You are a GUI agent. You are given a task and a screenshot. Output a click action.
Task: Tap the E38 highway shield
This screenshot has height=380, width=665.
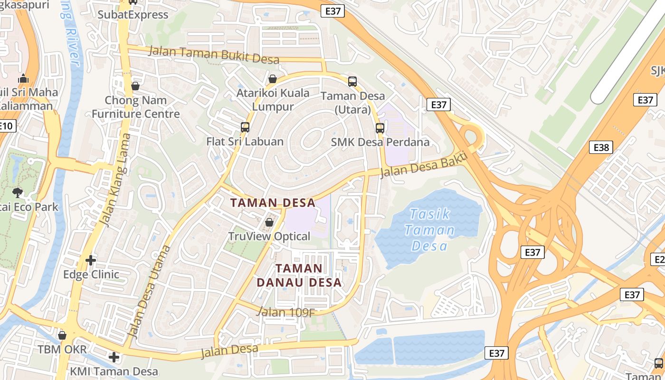601,147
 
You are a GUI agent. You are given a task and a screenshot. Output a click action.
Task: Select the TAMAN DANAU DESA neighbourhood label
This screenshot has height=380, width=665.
299,275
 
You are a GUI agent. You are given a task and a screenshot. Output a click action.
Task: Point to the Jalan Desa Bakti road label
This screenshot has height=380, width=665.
424,164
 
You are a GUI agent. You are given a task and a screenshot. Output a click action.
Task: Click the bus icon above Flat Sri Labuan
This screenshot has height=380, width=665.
245,127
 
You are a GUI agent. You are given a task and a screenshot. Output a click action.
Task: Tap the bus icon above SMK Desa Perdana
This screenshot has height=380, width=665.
380,128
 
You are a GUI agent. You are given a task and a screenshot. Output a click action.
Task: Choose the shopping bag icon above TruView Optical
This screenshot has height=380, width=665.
269,222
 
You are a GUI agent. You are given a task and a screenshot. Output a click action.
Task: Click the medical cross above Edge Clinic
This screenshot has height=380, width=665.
91,260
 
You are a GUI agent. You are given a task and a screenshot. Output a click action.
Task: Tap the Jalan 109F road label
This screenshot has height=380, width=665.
285,312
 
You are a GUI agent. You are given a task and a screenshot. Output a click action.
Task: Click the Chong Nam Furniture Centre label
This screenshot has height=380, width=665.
136,107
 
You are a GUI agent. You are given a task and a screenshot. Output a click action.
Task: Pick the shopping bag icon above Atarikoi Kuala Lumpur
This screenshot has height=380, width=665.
273,78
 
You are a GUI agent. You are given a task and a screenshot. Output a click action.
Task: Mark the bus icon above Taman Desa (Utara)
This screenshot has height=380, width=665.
352,81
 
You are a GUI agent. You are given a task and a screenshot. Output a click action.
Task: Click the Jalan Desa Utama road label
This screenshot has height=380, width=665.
149,292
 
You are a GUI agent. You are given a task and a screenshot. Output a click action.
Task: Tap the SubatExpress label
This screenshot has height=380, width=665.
133,14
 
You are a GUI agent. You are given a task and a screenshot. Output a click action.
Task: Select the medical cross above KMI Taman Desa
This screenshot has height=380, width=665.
114,357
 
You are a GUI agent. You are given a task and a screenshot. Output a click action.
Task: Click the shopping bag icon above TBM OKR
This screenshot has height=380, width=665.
62,335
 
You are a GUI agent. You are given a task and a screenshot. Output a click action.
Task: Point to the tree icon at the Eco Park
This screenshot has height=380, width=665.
18,192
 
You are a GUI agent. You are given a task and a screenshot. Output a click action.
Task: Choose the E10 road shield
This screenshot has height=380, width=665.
7,126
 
